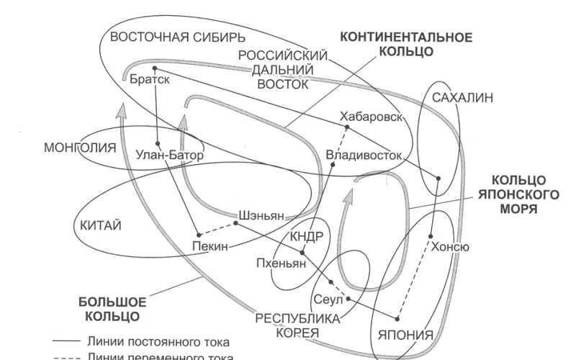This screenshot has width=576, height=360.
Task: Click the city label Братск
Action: (x=150, y=80)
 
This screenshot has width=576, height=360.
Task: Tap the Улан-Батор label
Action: (x=169, y=154)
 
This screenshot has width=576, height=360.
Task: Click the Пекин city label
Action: (x=210, y=246)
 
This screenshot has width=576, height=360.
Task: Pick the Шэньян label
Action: (x=265, y=215)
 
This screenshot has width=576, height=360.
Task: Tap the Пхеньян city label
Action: (x=280, y=263)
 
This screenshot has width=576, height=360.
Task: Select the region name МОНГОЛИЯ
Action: (x=80, y=148)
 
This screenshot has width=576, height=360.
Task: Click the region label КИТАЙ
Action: (x=96, y=225)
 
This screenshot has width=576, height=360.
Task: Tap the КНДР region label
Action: (x=306, y=238)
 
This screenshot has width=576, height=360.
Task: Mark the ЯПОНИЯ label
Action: (x=405, y=335)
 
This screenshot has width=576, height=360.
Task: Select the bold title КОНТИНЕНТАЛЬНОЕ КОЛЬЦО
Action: (x=406, y=44)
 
